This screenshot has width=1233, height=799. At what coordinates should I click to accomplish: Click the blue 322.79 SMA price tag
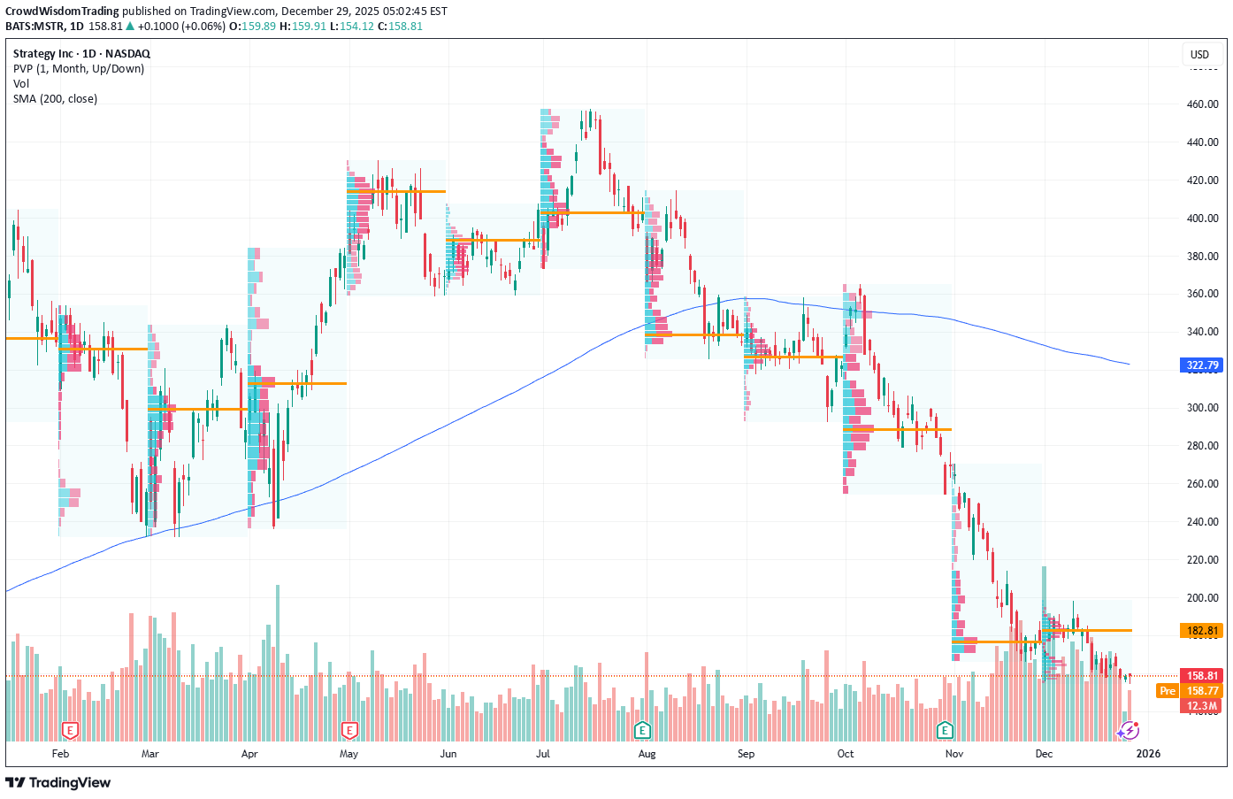pos(1202,365)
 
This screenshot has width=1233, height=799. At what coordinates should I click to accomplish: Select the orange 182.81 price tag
pos(1202,631)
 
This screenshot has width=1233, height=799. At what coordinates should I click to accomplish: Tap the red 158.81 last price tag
pos(1202,676)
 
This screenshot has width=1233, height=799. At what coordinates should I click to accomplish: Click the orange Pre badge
pos(1168,691)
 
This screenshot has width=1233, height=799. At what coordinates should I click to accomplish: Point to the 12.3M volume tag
pos(1202,706)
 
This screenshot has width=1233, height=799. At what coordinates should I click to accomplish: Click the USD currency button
pos(1199,55)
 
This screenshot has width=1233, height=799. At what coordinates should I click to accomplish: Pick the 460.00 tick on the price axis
pos(1202,104)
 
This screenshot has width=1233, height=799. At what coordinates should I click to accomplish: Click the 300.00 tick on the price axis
pos(1202,408)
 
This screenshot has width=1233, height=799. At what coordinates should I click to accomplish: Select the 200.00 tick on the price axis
pos(1202,598)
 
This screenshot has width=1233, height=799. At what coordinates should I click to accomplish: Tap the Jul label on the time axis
pos(543,754)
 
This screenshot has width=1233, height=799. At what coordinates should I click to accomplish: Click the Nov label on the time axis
pos(953,754)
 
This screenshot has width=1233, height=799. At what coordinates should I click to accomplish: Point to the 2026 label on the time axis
pos(1147,754)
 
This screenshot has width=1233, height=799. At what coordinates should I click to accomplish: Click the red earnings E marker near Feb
pos(70,731)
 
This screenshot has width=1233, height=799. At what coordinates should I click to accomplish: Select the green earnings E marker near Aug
pos(643,731)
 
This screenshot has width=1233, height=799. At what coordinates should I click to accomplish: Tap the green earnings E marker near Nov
pos(946,731)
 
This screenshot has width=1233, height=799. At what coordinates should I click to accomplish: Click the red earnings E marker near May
pos(350,731)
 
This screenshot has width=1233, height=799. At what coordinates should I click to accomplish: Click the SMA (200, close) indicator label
pos(55,99)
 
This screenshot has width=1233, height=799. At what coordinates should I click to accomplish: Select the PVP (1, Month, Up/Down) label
pos(78,69)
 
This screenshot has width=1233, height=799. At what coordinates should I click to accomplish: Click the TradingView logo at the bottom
pos(58,783)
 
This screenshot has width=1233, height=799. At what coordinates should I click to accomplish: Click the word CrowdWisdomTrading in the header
pos(62,12)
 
